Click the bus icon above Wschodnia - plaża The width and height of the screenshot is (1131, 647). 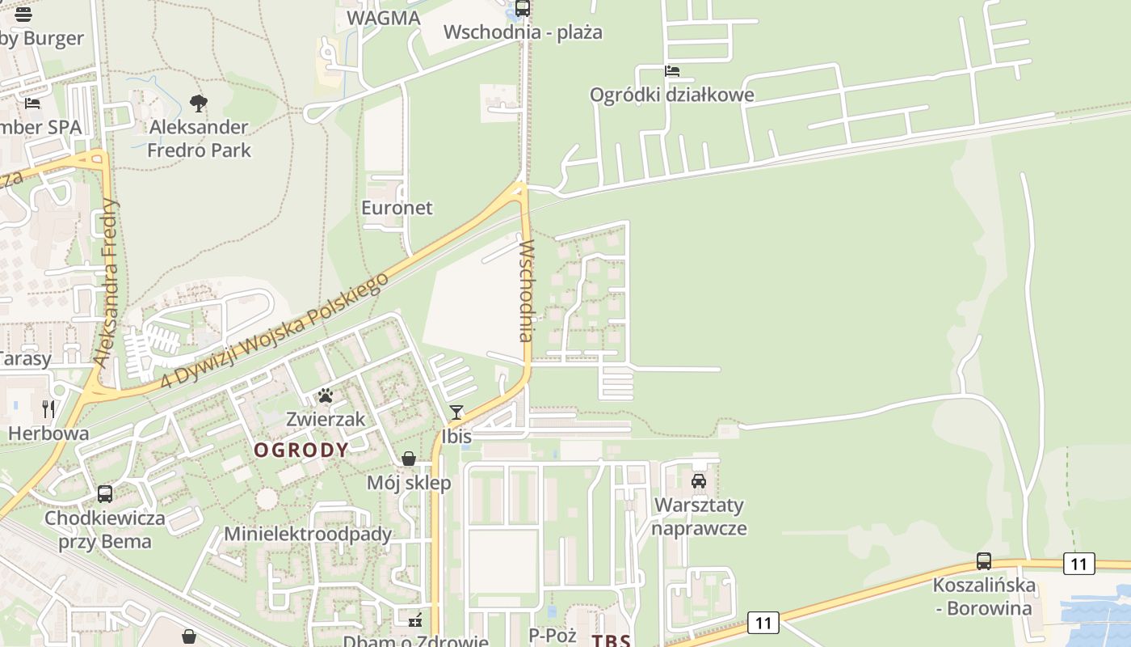523,9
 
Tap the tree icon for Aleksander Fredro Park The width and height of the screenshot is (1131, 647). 198,103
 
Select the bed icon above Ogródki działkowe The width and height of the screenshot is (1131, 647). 671,71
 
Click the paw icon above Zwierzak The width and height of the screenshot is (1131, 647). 326,395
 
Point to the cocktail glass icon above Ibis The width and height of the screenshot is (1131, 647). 456,412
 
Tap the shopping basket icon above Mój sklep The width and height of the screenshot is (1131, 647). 409,459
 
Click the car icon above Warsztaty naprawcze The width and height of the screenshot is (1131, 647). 699,481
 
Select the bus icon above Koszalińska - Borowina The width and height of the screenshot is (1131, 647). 983,560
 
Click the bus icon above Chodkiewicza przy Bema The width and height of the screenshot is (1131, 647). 105,493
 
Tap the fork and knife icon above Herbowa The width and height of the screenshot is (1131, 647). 48,408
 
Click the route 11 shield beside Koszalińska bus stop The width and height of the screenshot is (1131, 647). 1078,563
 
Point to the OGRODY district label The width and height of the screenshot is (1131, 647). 301,450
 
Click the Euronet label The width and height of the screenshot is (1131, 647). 397,208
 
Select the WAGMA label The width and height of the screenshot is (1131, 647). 383,19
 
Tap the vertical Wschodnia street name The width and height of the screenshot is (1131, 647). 527,290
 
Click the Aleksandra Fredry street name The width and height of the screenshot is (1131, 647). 106,283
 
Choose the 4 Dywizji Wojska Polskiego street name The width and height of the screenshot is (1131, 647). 274,330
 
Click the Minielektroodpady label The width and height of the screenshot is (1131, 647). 308,534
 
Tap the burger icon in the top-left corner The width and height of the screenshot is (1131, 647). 23,14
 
